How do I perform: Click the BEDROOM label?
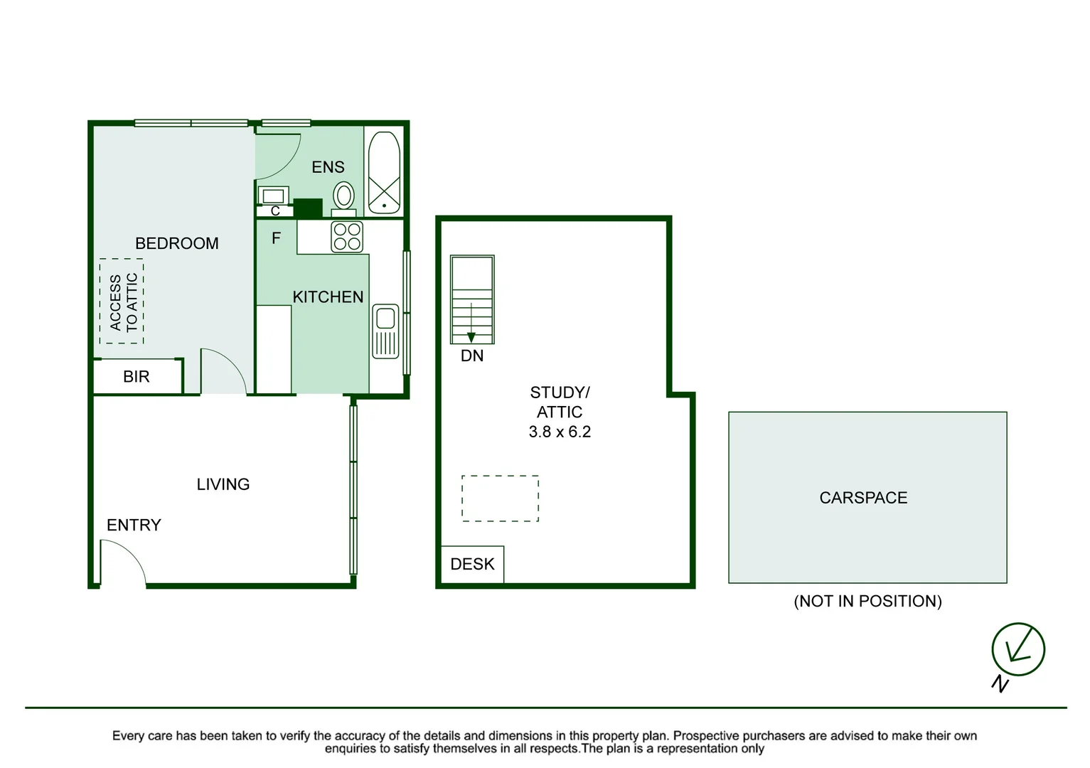(x=176, y=243)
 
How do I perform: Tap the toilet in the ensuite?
(x=344, y=196)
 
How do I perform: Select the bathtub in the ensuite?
(x=384, y=172)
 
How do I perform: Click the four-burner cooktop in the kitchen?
(x=347, y=237)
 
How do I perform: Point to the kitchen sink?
(x=385, y=331)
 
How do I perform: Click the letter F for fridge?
(x=277, y=238)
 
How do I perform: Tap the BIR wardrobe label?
(x=137, y=377)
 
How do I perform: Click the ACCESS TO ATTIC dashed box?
(x=122, y=302)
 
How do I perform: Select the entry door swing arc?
(x=122, y=562)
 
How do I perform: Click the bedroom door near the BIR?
(x=223, y=371)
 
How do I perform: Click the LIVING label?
(x=223, y=484)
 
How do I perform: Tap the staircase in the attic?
(x=472, y=300)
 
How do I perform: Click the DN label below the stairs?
(x=472, y=356)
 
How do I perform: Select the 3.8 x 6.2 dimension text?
(x=560, y=432)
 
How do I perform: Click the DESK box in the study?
(x=472, y=565)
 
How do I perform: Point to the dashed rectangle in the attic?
(x=500, y=498)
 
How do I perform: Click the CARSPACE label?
(x=863, y=498)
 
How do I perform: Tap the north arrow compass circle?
(x=1018, y=649)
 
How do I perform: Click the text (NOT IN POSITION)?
(x=867, y=602)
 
